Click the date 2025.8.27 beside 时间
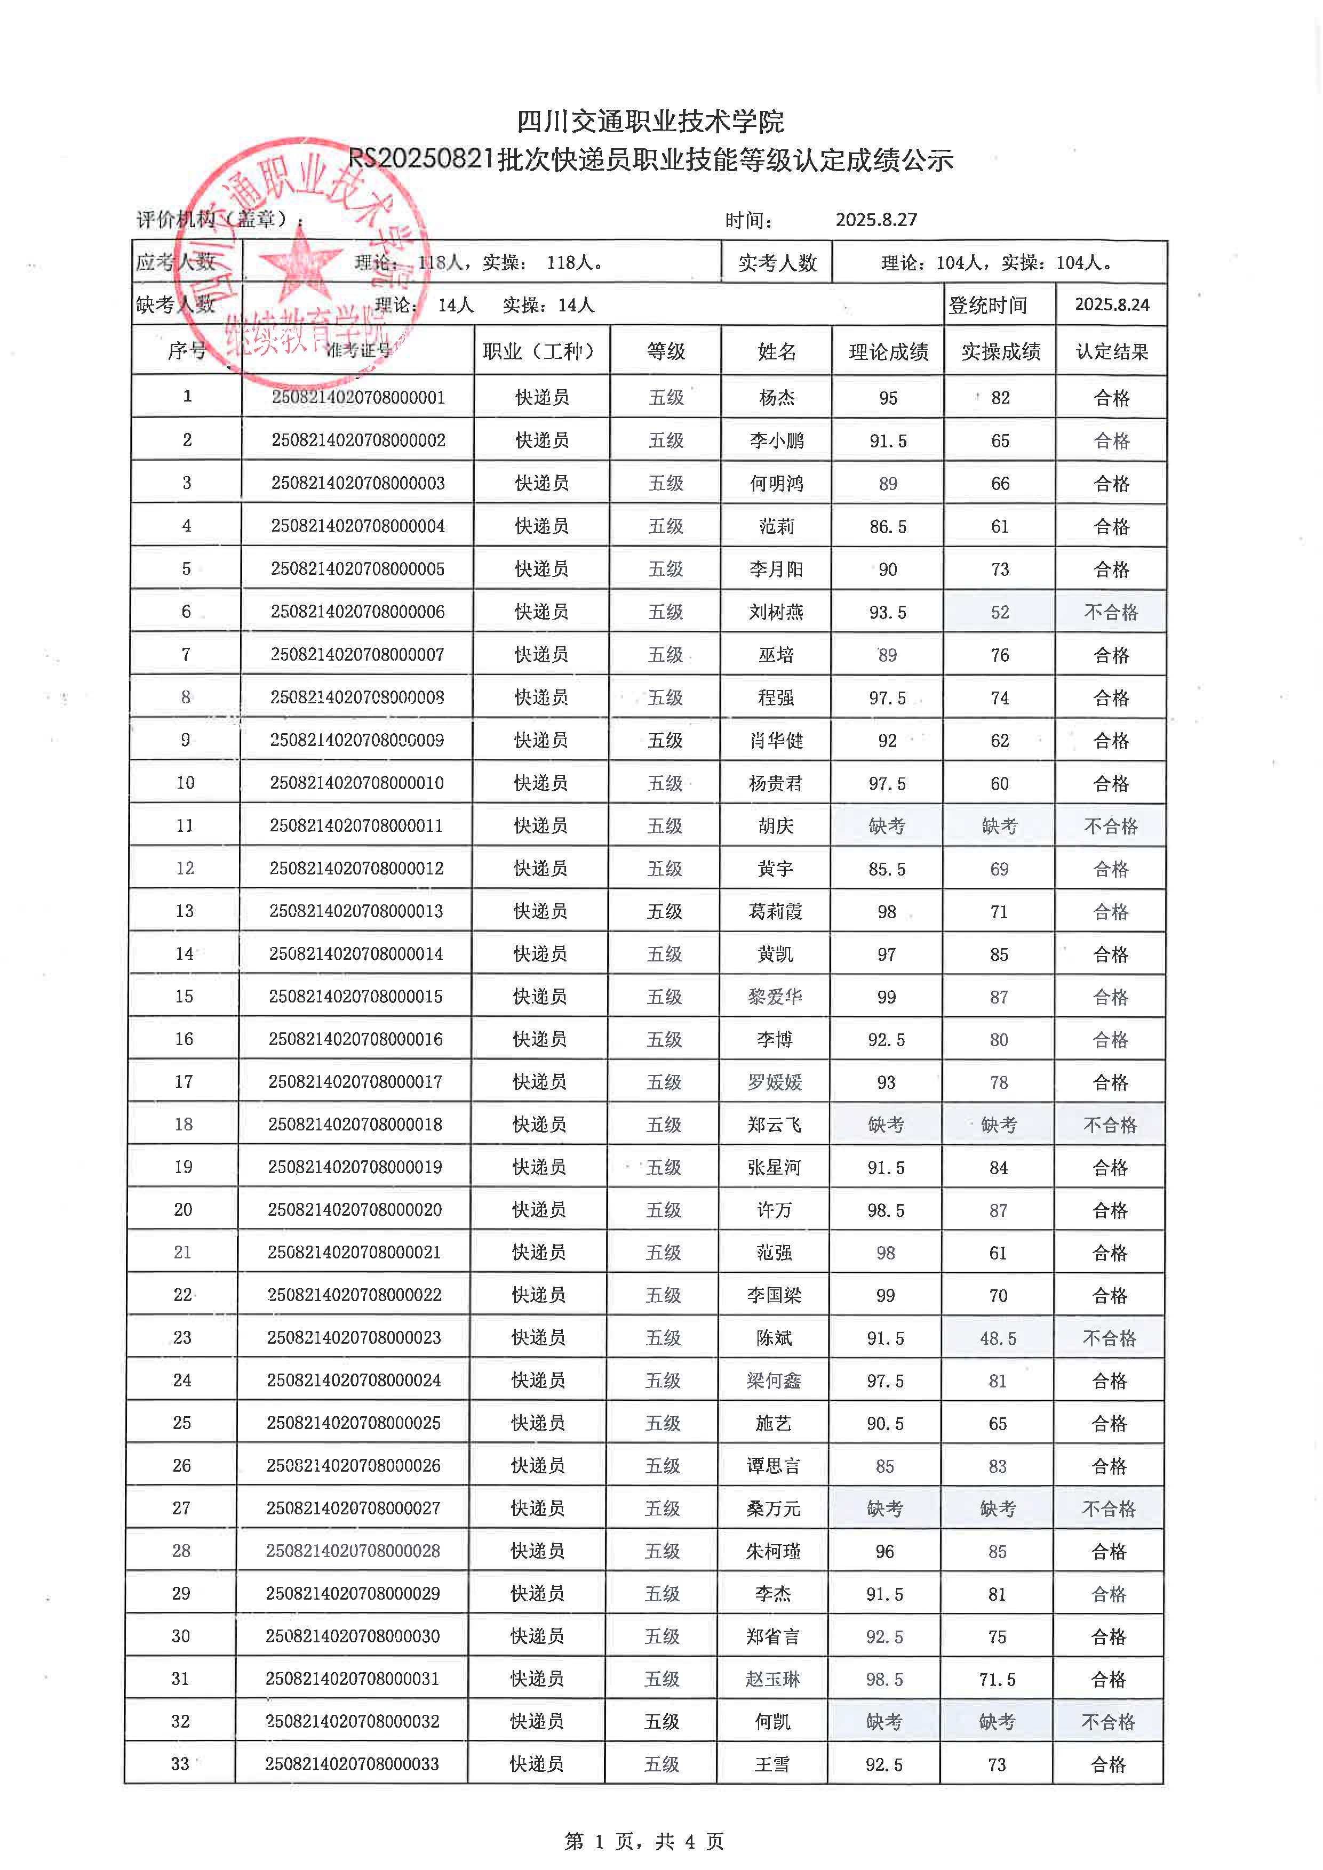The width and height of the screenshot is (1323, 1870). click(876, 219)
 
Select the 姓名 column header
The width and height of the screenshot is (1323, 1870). click(776, 351)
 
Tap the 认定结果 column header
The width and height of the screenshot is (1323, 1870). click(1111, 351)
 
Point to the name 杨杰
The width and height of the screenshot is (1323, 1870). click(776, 397)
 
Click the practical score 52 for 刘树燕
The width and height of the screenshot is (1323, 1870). click(1000, 612)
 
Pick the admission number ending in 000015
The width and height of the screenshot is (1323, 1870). click(356, 996)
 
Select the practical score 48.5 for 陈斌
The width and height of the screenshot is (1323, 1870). click(998, 1338)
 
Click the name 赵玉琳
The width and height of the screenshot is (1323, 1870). click(773, 1679)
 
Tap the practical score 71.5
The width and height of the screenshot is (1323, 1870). click(997, 1679)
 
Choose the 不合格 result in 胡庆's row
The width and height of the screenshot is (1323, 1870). click(1110, 826)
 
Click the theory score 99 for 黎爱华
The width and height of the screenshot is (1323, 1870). click(886, 997)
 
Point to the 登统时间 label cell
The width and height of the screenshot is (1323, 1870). click(987, 304)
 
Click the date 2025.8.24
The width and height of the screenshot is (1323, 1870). click(1111, 304)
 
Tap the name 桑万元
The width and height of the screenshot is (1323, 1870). click(773, 1508)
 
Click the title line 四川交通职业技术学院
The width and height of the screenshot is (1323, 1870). click(650, 122)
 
